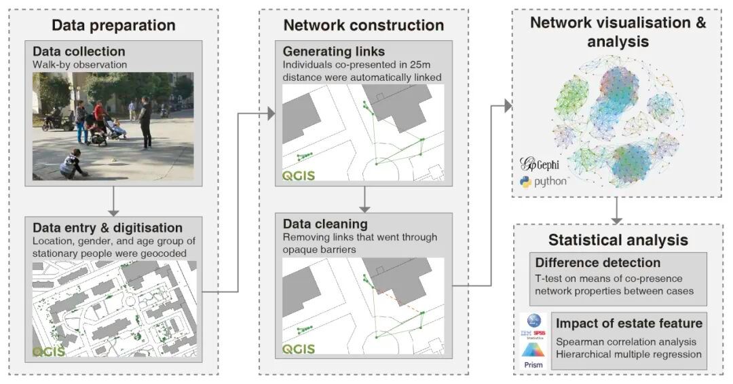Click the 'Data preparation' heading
[113, 26]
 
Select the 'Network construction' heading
[364, 26]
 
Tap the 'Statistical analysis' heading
[618, 240]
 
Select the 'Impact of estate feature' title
[629, 322]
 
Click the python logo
[543, 181]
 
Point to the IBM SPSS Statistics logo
[533, 326]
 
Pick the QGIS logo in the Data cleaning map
[299, 349]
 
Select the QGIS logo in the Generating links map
[299, 177]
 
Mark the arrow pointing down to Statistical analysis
[616, 211]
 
